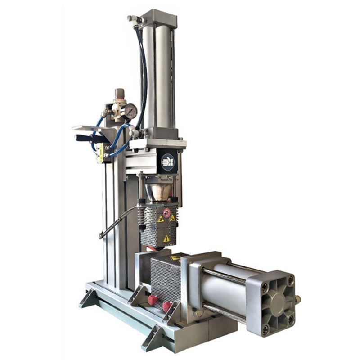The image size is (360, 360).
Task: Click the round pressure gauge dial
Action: pos(131,111)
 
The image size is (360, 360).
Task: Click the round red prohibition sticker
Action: pos(166,212)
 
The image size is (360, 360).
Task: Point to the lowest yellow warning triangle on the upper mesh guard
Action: pos(166,238)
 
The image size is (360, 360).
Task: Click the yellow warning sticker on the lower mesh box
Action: pos(175,258)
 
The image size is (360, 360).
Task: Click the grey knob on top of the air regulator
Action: pos(119,93)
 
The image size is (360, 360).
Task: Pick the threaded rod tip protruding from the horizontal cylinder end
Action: pos(298,298)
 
